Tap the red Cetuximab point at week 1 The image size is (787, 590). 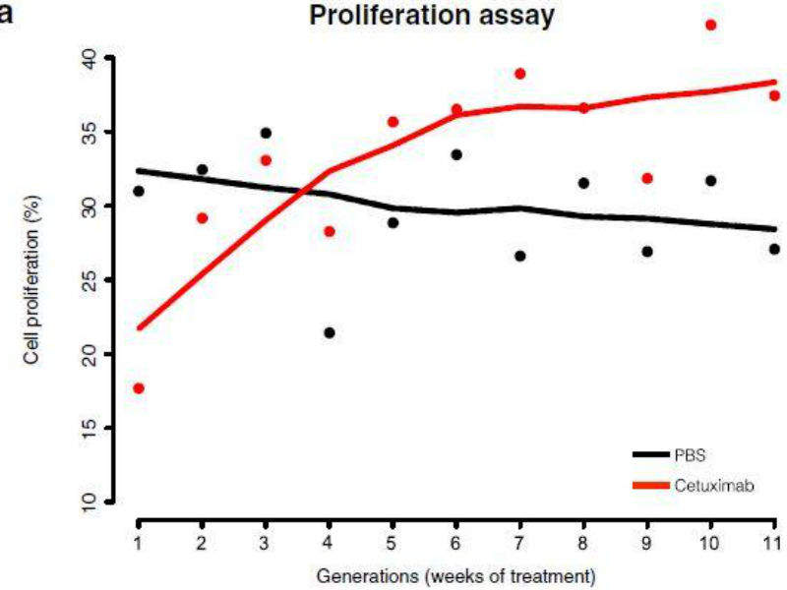click(x=139, y=388)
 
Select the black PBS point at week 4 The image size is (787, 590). click(x=330, y=332)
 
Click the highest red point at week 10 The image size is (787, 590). click(x=711, y=25)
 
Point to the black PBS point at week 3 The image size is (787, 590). click(x=266, y=133)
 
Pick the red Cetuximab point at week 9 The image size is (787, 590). click(x=647, y=178)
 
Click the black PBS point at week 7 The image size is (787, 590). click(x=519, y=256)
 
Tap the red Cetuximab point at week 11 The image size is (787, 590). click(x=774, y=95)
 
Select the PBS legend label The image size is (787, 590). click(x=690, y=455)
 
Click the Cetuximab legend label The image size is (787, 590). click(x=714, y=486)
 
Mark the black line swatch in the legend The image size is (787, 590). click(x=650, y=455)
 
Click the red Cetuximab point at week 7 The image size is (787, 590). click(x=519, y=74)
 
